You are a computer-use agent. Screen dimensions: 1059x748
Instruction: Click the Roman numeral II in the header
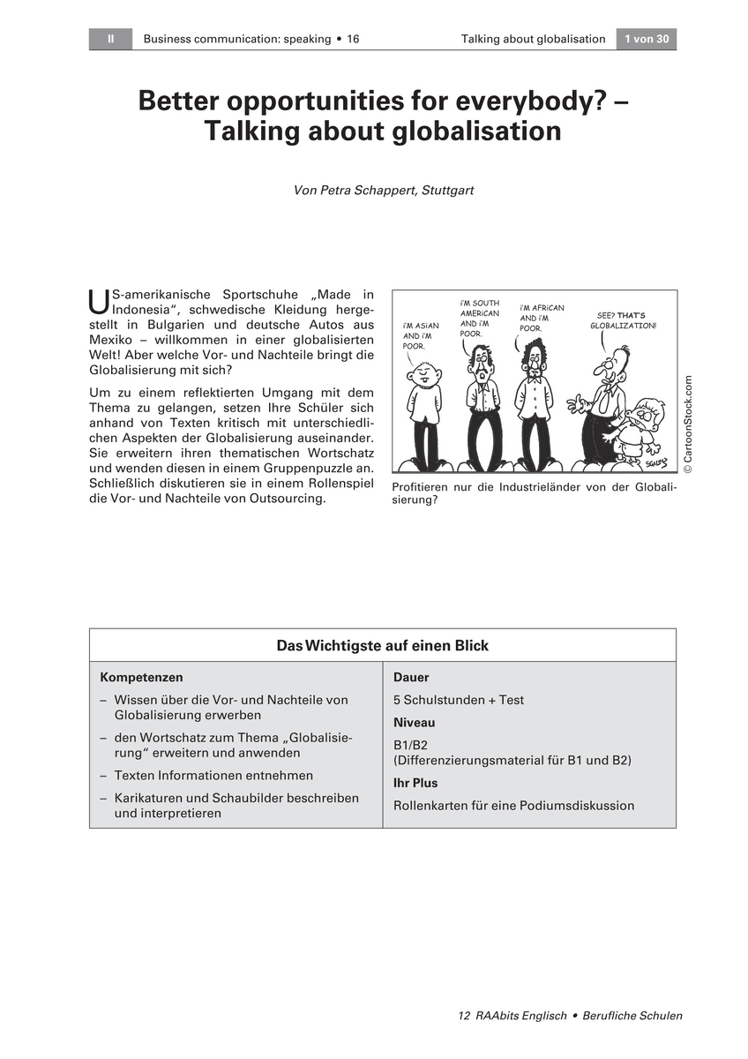tap(110, 39)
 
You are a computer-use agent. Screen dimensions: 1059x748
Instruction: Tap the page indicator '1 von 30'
tap(647, 39)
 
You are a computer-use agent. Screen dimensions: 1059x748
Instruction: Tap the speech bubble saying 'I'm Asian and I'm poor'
tap(421, 335)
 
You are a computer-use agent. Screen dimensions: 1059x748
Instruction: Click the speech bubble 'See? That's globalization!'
tap(623, 319)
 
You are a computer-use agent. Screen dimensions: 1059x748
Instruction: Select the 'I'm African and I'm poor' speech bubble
tap(542, 318)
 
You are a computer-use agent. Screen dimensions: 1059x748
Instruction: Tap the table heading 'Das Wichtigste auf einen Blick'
tap(382, 645)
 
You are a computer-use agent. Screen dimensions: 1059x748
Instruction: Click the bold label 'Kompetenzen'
tap(142, 678)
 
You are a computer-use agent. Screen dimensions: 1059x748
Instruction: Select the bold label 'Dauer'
tap(411, 678)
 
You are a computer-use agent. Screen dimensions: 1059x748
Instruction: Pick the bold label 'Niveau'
tap(415, 723)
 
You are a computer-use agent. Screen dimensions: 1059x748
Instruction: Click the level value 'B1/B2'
tap(410, 745)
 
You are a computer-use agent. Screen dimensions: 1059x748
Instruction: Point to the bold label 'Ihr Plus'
tap(415, 783)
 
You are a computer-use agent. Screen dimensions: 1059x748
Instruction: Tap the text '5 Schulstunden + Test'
tap(459, 700)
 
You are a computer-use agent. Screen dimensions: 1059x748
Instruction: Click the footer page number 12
tap(464, 1016)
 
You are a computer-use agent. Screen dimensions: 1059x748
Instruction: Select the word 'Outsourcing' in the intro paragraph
tap(289, 499)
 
